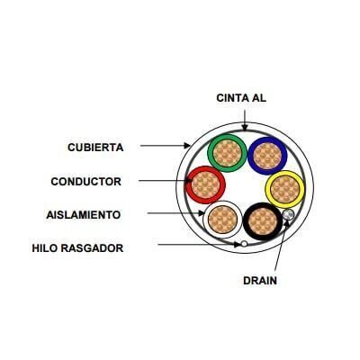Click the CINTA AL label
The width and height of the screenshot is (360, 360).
click(241, 98)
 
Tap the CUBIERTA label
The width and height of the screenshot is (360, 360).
click(95, 148)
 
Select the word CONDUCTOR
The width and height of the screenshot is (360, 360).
click(86, 182)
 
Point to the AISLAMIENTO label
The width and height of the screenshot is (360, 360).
click(84, 215)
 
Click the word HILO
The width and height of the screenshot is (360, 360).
click(44, 248)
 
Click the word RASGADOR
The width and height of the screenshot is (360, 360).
click(92, 248)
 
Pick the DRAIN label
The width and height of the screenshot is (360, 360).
click(260, 281)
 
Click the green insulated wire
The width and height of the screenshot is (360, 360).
click(227, 153)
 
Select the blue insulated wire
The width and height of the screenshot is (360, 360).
click(267, 156)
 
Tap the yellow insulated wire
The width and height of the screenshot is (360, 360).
click(284, 190)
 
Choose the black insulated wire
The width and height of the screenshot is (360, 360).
click(262, 221)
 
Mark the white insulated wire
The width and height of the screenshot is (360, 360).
click(222, 220)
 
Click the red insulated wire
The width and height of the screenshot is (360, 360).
click(205, 185)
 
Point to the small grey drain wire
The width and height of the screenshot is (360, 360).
click(288, 215)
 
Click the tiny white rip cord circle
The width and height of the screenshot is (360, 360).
click(244, 244)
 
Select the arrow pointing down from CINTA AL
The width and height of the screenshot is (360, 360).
click(245, 121)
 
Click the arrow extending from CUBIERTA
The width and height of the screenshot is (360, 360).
click(166, 146)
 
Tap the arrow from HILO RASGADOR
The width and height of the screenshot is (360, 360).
click(199, 245)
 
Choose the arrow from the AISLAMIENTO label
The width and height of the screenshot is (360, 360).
click(175, 213)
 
